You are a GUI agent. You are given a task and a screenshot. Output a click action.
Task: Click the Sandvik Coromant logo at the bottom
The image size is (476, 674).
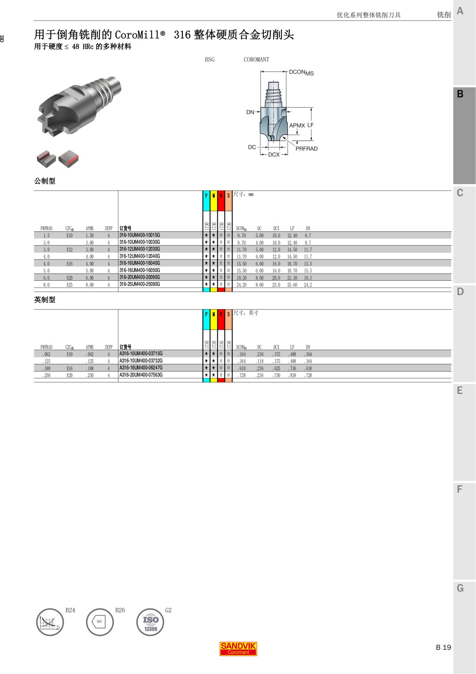238,649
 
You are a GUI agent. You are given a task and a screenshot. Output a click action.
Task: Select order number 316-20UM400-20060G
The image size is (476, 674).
140,277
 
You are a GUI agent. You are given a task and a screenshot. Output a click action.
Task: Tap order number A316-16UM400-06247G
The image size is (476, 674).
141,368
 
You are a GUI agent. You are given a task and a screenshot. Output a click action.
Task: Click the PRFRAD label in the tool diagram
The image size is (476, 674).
306,149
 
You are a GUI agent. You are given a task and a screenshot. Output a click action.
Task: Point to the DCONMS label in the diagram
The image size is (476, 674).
301,73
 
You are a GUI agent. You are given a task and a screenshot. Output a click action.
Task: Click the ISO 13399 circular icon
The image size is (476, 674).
150,622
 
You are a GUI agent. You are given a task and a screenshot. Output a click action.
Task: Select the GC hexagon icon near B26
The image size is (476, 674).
100,622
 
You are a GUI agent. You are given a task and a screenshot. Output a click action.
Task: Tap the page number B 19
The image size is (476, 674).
443,647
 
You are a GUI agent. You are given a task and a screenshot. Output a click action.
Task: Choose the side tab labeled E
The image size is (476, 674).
460,391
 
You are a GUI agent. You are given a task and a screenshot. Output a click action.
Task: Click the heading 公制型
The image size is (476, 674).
45,181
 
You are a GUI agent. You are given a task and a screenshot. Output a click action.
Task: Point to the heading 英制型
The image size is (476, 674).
45,300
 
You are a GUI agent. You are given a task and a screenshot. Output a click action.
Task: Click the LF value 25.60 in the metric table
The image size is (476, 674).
292,285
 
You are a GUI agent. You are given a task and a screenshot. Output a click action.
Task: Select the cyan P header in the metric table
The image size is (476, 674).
206,200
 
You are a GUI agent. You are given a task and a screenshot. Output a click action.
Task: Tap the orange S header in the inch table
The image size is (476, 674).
228,320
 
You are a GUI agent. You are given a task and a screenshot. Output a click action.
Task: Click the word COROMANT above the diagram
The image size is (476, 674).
256,60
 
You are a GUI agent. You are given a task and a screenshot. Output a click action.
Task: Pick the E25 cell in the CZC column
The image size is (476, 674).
69,285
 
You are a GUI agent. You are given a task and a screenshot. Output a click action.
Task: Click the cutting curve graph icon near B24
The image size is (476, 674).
50,622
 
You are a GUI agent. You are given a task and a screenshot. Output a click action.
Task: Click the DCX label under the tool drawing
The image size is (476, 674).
274,155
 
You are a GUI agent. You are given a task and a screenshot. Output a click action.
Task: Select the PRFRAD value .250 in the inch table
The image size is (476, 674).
46,375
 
